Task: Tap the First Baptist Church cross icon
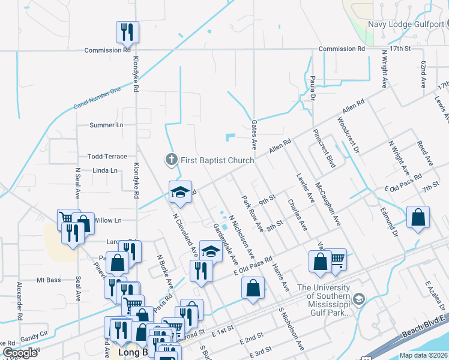click(x=171, y=160)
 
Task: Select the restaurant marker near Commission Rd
click(x=127, y=32)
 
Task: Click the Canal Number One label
click(x=97, y=98)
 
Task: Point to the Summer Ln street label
click(x=106, y=125)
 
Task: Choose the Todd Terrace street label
click(x=107, y=157)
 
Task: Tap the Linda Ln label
click(x=105, y=171)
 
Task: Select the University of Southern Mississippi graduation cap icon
click(x=358, y=298)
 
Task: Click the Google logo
click(x=20, y=353)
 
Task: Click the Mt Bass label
click(x=49, y=280)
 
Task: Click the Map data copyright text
click(x=424, y=355)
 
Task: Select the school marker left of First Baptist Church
click(x=180, y=192)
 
